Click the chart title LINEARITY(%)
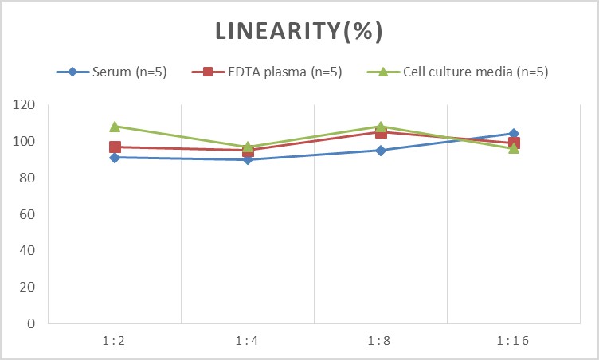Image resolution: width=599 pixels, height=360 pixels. coord(299,32)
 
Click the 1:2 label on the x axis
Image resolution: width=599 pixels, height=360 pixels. coord(115,341)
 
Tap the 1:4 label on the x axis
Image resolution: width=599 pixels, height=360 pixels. coord(248,341)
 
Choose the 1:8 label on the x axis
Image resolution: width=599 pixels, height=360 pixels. coord(381,341)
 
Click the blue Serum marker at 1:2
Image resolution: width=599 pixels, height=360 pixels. coord(115,158)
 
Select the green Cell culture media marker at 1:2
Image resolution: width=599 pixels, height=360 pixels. coord(115,127)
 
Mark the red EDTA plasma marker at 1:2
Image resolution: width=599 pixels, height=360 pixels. coord(115,147)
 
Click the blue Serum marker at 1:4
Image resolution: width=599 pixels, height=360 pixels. coord(248,159)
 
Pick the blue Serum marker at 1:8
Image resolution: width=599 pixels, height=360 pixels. coord(381,151)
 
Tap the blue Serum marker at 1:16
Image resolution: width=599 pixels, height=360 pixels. coord(514,134)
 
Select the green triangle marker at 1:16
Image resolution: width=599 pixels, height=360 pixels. coord(514,148)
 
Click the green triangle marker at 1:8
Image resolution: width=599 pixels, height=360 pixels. coord(381,127)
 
